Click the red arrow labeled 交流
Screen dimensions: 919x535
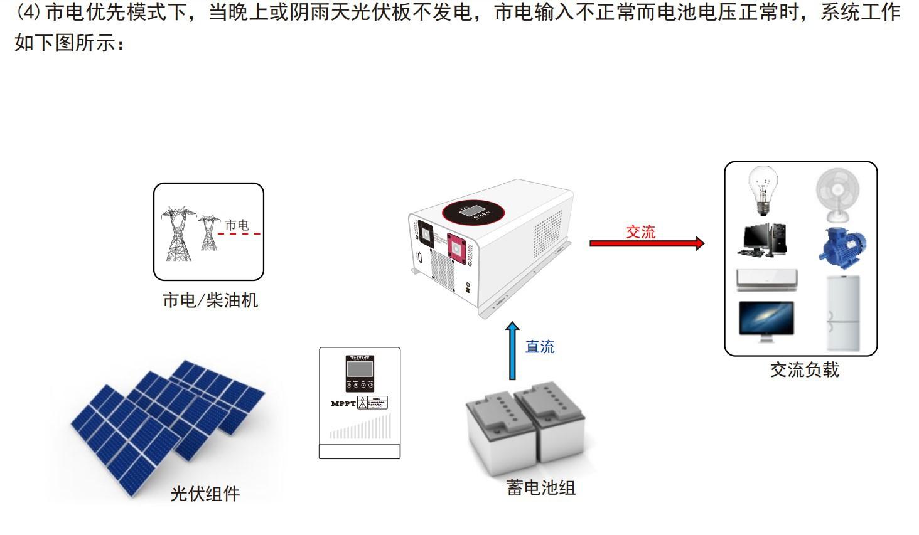646,243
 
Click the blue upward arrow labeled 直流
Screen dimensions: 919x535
513,351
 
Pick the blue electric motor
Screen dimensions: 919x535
842,246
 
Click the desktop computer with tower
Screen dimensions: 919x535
763,240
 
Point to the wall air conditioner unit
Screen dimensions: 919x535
766,280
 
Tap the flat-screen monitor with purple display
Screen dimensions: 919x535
766,320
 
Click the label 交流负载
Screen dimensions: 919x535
804,370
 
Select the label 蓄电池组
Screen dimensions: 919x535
540,488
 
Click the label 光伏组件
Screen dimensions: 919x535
205,494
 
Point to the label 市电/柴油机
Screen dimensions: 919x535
210,301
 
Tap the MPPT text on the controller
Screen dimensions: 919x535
343,403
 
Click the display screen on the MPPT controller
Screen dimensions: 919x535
360,368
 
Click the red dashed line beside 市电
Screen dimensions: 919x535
239,234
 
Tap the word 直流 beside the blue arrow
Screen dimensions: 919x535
540,347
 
